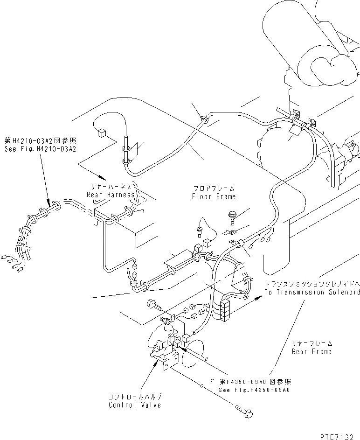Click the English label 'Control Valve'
(134, 405)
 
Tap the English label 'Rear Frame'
(312, 351)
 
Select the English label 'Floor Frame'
(214, 196)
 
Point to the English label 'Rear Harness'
(110, 195)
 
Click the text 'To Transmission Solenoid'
(312, 292)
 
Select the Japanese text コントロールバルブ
(135, 397)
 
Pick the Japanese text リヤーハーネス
(110, 186)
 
